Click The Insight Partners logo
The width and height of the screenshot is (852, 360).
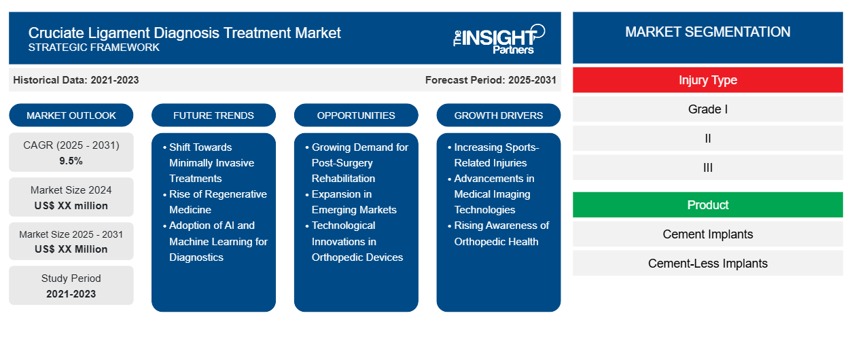tap(499, 38)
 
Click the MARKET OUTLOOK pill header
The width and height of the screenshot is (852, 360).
tap(71, 115)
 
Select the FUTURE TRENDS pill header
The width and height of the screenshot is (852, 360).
tap(213, 115)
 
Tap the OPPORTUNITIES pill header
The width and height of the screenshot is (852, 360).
tap(356, 115)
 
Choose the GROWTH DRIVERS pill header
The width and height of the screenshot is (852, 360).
tap(499, 115)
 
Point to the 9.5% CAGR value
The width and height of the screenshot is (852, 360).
tap(71, 161)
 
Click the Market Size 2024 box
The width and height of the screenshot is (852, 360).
tap(71, 198)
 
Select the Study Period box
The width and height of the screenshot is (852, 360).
tap(71, 286)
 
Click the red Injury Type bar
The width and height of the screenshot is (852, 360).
tap(707, 80)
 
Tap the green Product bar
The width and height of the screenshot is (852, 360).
tap(707, 205)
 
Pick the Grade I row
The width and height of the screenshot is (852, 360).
tap(707, 109)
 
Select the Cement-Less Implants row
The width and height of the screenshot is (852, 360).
tap(707, 264)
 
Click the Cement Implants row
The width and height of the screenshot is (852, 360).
tap(707, 234)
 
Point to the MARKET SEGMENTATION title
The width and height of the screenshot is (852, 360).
tap(707, 32)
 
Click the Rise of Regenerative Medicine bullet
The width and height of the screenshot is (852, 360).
tap(217, 202)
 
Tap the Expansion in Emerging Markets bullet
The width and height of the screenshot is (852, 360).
tap(354, 202)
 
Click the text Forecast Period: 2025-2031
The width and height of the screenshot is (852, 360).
tap(491, 80)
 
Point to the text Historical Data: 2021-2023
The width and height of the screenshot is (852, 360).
tap(76, 80)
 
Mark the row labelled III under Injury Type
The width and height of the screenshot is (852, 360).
tap(707, 168)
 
